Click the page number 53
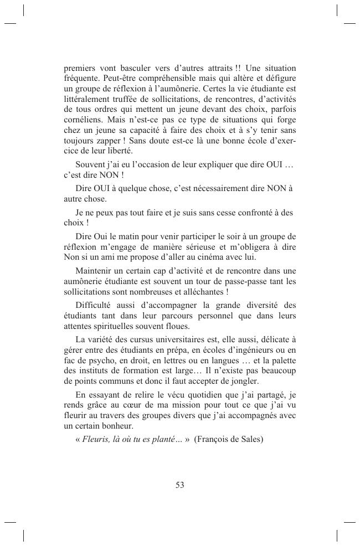pyautogui.click(x=179, y=485)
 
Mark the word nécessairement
pyautogui.click(x=216, y=189)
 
